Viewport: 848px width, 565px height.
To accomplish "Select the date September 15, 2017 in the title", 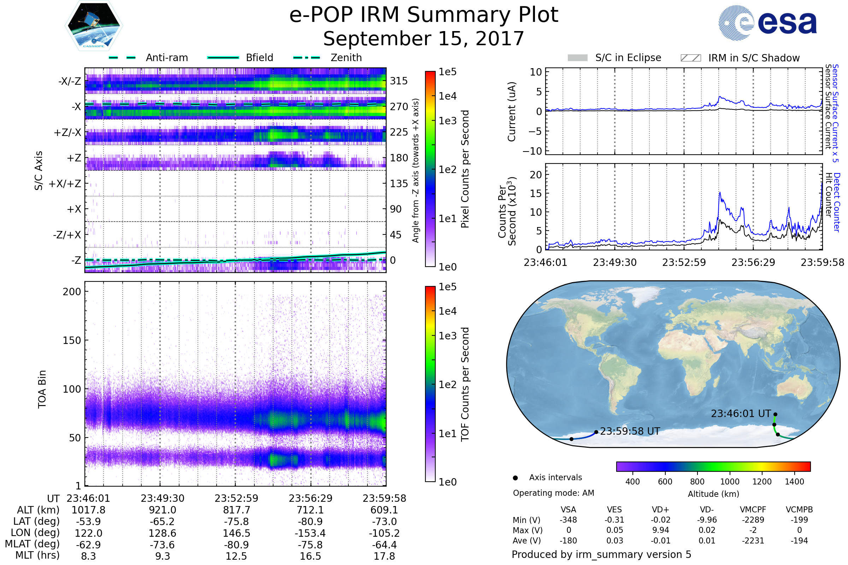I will click(x=424, y=39).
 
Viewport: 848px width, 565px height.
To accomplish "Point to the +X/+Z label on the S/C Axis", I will click(x=65, y=184).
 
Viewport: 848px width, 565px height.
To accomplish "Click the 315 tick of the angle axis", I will click(x=399, y=81).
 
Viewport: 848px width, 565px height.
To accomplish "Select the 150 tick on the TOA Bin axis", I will click(x=72, y=340).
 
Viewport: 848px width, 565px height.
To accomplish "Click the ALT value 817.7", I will click(x=236, y=510).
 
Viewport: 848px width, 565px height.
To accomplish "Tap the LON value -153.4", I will click(x=311, y=533).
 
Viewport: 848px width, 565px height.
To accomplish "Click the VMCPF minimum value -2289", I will click(x=753, y=520).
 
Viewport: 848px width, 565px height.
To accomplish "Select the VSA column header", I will click(x=568, y=510).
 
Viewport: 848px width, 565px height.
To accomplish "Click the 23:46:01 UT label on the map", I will click(x=741, y=414).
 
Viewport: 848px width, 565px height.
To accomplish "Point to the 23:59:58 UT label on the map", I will click(x=630, y=431).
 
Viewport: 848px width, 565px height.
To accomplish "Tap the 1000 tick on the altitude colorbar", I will click(x=730, y=482).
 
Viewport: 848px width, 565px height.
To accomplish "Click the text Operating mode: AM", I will click(x=553, y=493).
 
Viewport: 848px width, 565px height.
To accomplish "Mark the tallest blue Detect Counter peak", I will click(x=720, y=193).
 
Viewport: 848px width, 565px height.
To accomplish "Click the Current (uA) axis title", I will click(x=512, y=112).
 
